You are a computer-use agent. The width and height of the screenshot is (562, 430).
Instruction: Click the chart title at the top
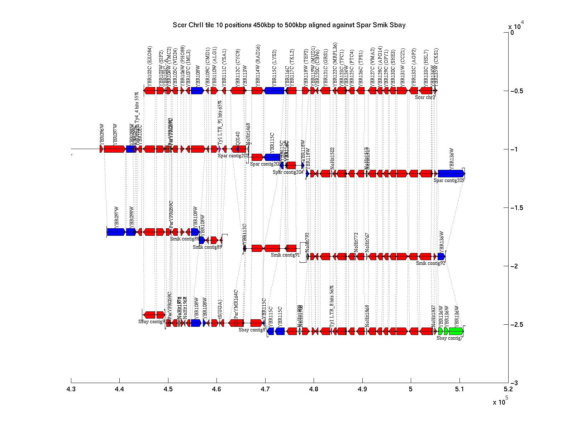tap(289, 25)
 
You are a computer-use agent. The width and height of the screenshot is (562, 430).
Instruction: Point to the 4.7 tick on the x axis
tap(265, 380)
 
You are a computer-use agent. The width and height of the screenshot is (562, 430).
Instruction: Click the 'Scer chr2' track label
tap(425, 97)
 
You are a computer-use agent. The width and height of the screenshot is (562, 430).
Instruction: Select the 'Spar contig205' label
tap(449, 181)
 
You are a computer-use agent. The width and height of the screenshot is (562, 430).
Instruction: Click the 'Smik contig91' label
tap(285, 255)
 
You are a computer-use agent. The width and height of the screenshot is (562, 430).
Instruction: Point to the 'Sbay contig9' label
tap(152, 321)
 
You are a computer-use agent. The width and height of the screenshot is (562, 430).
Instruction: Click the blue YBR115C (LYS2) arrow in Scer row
tap(275, 91)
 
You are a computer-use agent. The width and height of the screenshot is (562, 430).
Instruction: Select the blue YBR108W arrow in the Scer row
tap(197, 91)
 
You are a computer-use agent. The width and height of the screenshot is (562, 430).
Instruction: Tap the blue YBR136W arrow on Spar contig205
tap(451, 174)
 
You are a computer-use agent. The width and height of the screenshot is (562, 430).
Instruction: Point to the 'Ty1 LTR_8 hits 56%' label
tap(332, 306)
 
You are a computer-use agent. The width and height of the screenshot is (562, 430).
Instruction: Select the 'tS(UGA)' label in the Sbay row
tap(220, 309)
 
